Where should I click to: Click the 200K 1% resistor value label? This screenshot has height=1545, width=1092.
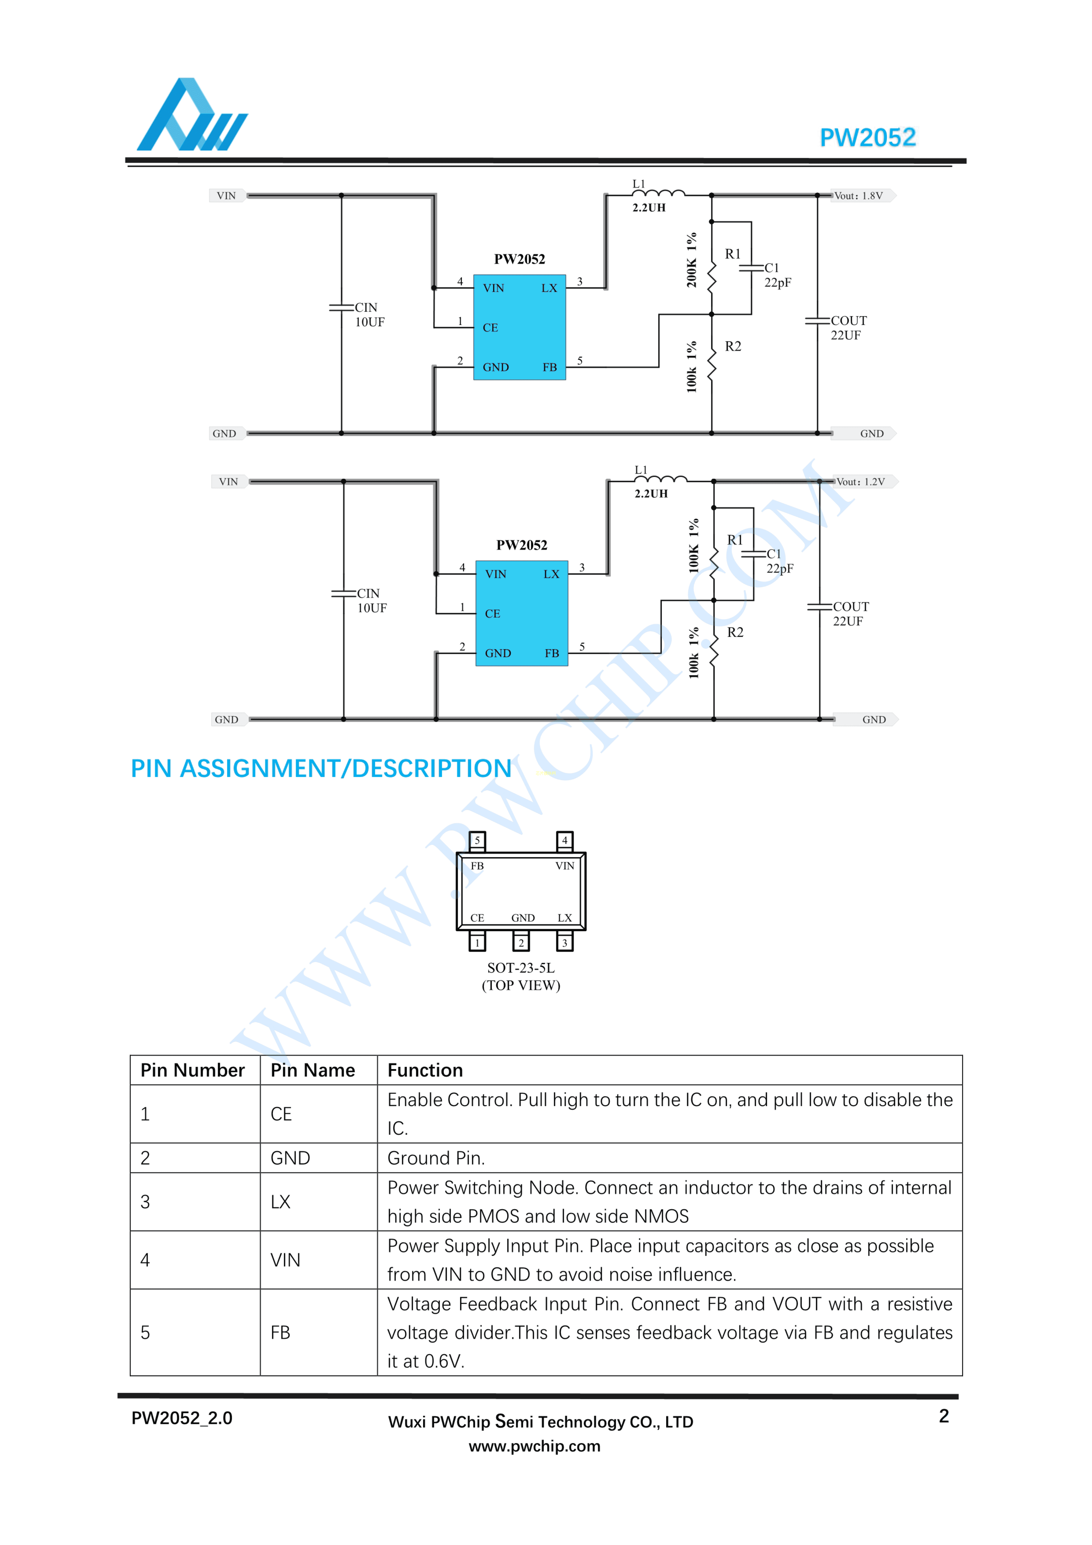tap(692, 260)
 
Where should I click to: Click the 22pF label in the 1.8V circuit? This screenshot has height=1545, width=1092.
tap(778, 283)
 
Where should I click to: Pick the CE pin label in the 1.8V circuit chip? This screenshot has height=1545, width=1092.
tap(490, 328)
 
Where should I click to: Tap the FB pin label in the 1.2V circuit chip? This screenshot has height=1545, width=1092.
tap(552, 653)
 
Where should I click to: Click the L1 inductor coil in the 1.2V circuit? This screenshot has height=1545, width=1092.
tap(661, 479)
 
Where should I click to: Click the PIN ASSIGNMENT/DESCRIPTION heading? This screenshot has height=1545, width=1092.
tap(321, 768)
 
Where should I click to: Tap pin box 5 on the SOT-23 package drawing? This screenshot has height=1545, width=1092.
tap(477, 840)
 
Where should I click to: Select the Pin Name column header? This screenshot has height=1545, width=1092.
tap(313, 1071)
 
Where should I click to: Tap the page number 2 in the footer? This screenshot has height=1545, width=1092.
tap(943, 1416)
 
